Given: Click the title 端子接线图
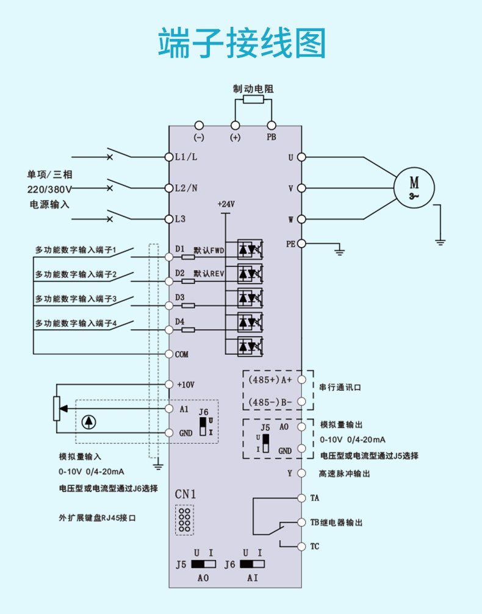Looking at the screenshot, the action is tap(242, 43).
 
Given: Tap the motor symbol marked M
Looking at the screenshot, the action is tap(414, 187).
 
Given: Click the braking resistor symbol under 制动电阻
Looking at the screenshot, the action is tap(253, 99).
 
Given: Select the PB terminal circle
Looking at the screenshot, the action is tap(271, 126).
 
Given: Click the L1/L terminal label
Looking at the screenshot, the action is tap(186, 157).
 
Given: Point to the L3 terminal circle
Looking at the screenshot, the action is tap(169, 219).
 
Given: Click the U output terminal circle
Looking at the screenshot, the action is tap(301, 157).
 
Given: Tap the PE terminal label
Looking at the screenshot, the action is tap(291, 244).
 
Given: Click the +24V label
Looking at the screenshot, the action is tap(226, 204).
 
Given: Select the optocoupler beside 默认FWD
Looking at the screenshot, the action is tap(250, 249).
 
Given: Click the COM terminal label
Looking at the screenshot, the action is tap(181, 354).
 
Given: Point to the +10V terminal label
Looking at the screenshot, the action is tap(185, 385).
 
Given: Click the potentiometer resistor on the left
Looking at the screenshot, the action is tap(57, 409).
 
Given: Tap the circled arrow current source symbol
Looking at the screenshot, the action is tap(89, 422).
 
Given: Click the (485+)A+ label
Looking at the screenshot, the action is tap(270, 379).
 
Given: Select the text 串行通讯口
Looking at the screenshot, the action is tap(340, 387).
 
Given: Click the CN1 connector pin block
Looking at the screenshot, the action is tap(184, 520).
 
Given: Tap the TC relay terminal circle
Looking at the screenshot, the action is tap(301, 546).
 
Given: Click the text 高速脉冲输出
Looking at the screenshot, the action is tap(344, 474).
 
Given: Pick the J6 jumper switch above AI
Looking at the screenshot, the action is tap(252, 564).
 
